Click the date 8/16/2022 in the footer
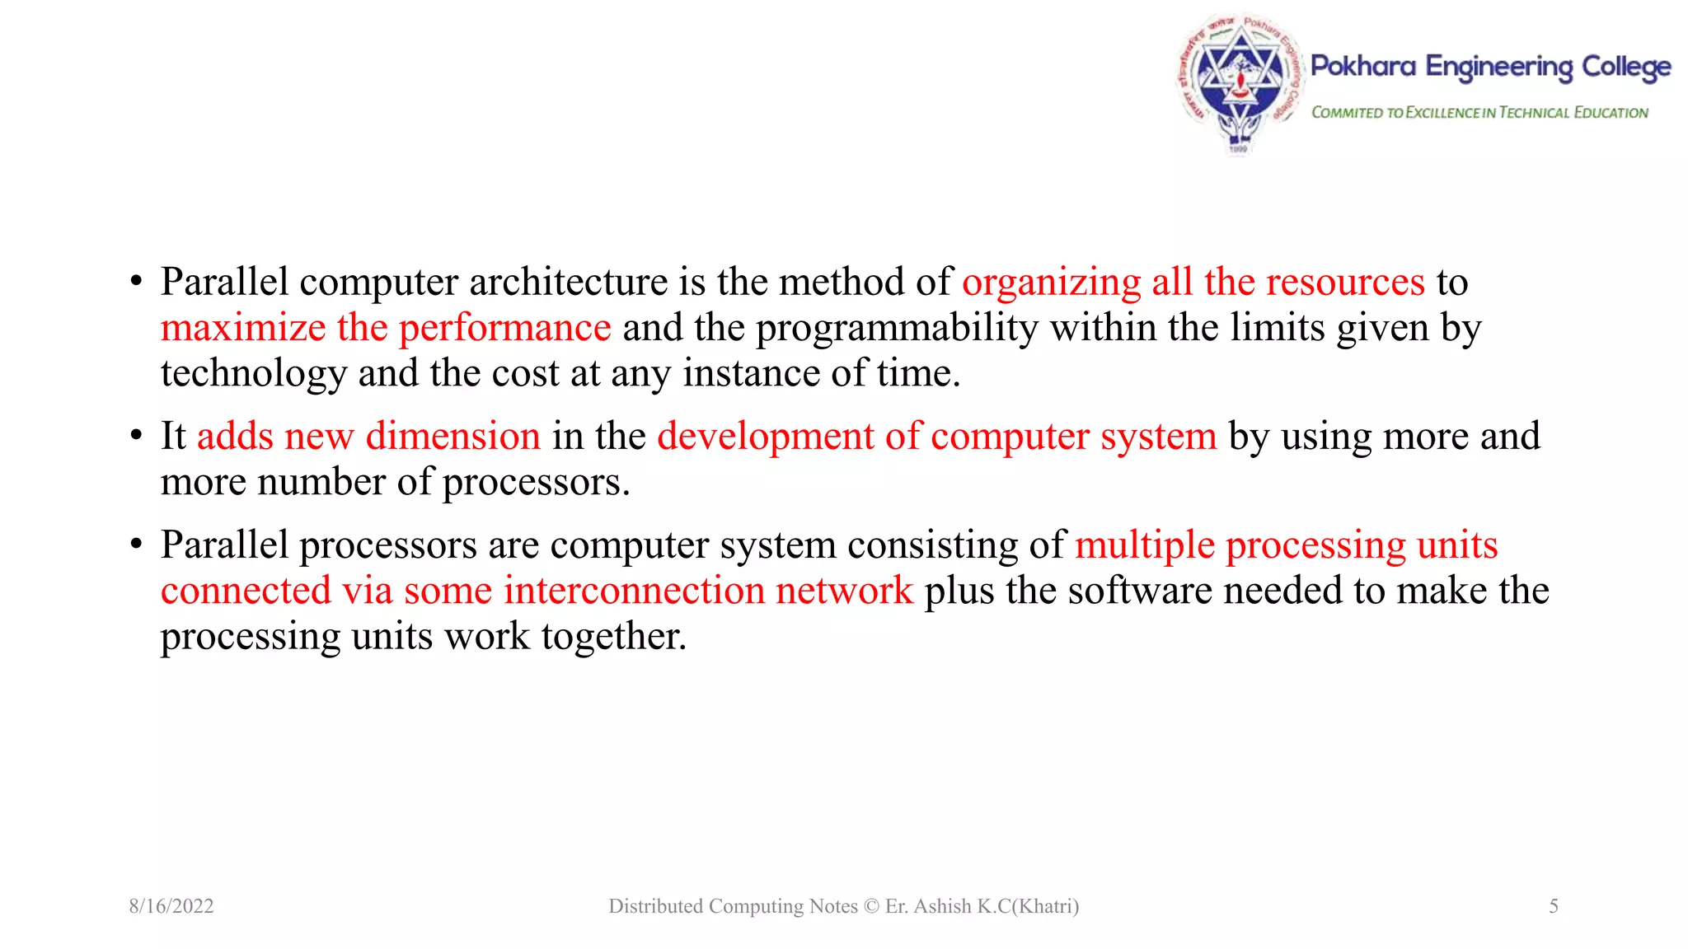[171, 906]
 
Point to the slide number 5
[1554, 906]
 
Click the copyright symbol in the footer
[871, 906]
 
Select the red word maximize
[243, 328]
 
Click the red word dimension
[453, 436]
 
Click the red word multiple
[1145, 546]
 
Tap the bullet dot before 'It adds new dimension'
[137, 436]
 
